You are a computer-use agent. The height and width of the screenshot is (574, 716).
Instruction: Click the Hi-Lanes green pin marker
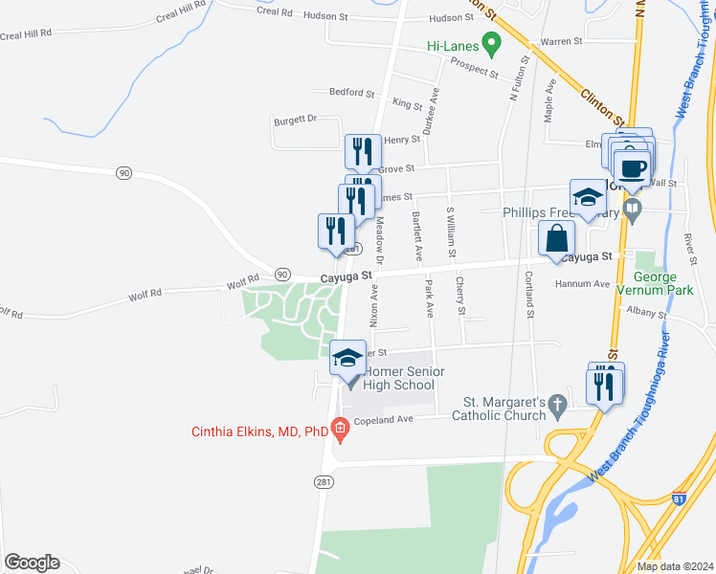(491, 43)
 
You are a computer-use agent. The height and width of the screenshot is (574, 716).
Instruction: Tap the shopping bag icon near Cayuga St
(556, 238)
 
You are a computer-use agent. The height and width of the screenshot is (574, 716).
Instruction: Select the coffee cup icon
(631, 168)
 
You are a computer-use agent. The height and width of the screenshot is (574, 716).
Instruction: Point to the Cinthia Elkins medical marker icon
(340, 431)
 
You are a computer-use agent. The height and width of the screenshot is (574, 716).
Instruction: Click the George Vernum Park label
(676, 284)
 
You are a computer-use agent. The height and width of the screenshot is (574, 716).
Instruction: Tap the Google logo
(32, 563)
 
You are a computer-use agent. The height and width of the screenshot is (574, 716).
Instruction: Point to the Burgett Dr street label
(295, 120)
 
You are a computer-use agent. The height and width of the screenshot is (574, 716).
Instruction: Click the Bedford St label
(351, 93)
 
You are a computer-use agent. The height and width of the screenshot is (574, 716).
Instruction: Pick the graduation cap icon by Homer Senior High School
(347, 359)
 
